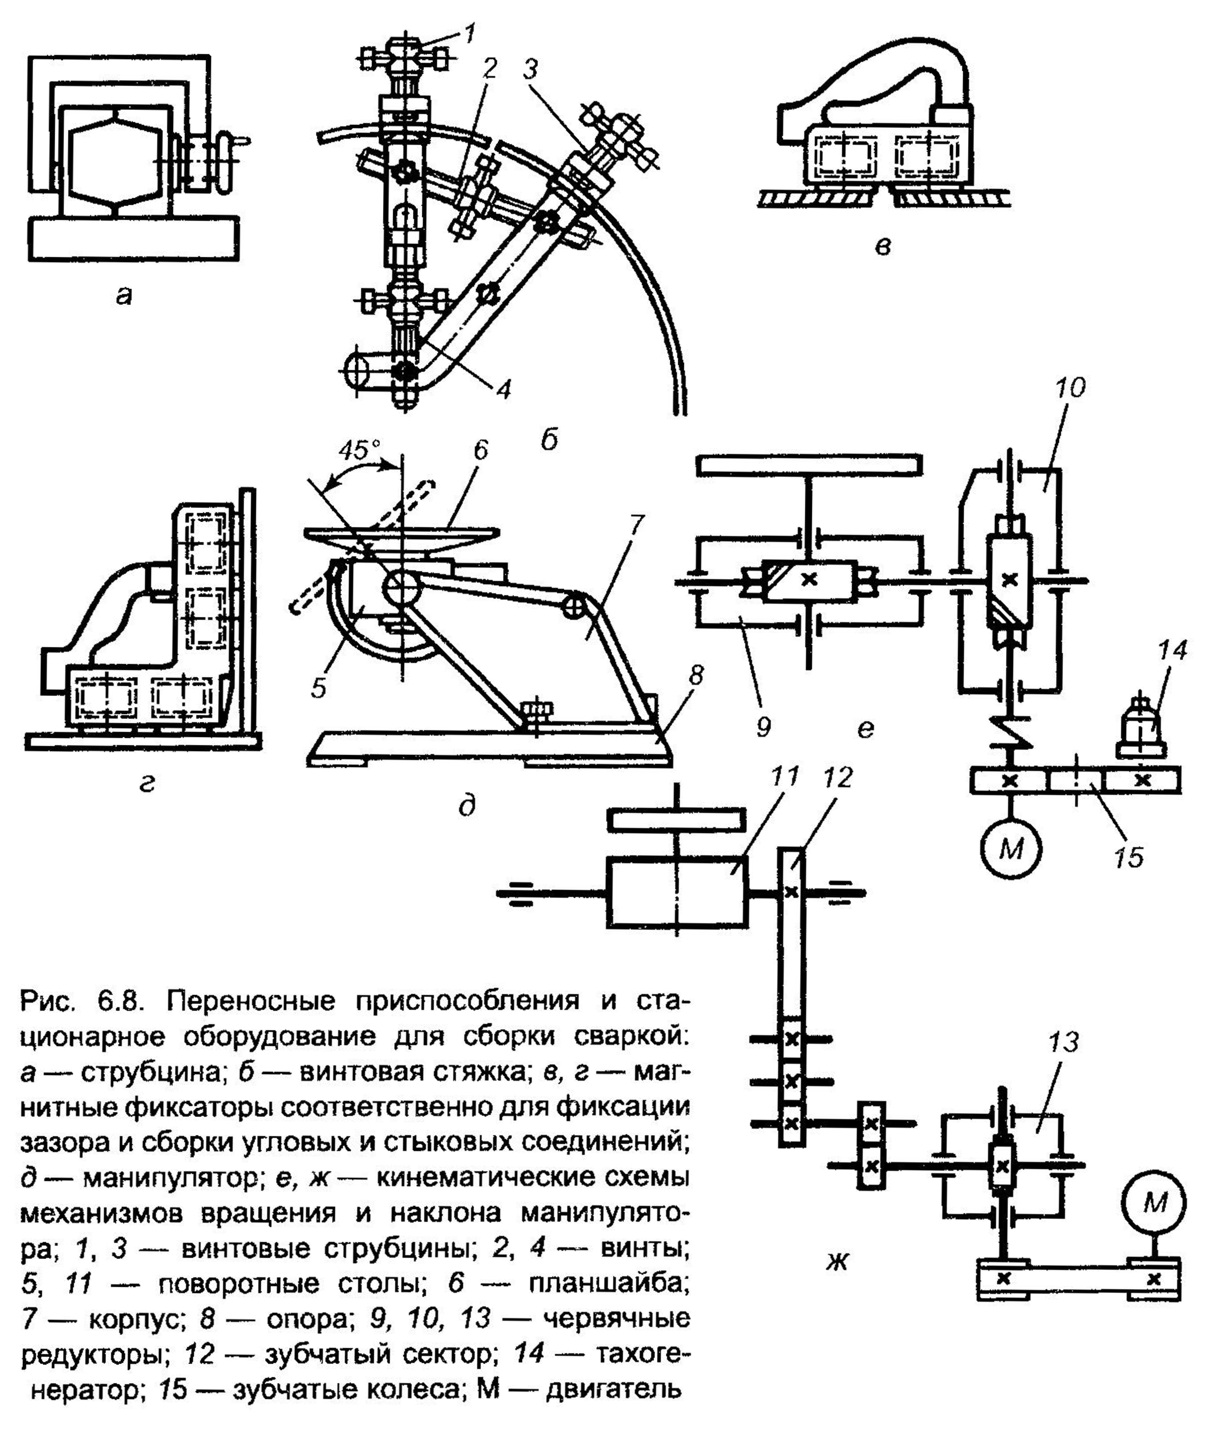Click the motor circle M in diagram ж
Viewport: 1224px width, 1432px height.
click(x=1154, y=1203)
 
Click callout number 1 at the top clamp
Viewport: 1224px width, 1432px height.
click(x=470, y=33)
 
